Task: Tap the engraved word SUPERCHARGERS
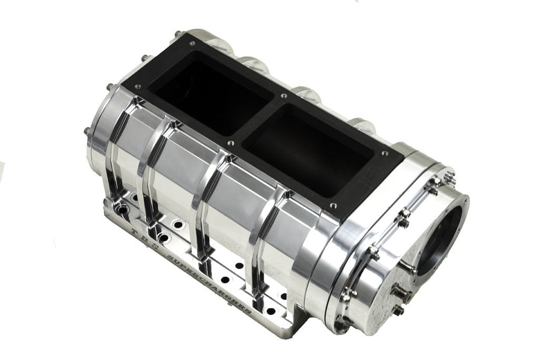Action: click(x=211, y=282)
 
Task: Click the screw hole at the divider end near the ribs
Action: click(x=230, y=142)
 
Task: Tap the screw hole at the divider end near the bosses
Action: click(x=284, y=96)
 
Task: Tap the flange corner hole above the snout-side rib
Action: click(x=332, y=206)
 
